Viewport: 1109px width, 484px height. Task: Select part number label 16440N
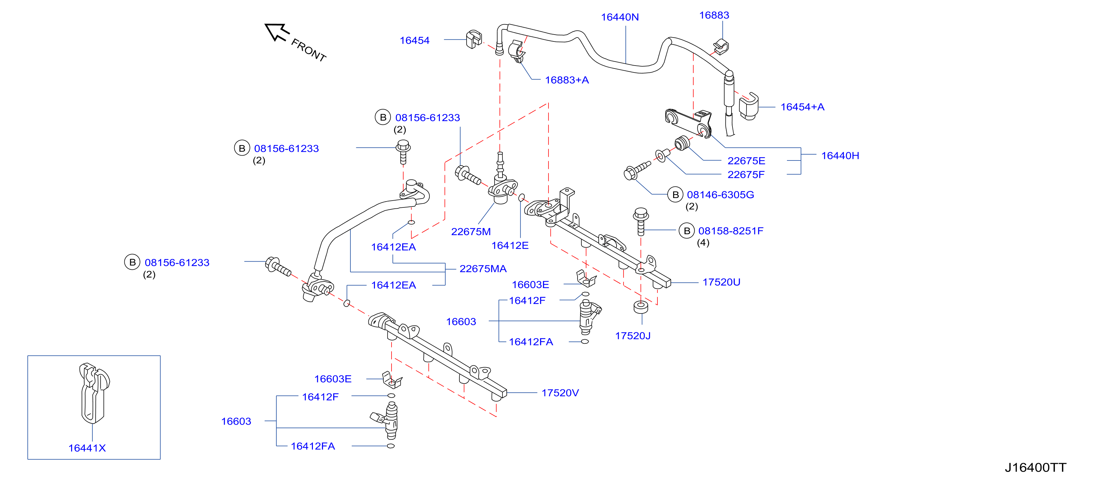click(620, 17)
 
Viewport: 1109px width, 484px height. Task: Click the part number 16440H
click(839, 156)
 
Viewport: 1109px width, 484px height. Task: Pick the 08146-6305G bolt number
click(720, 195)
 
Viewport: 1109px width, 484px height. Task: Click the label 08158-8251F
click(731, 231)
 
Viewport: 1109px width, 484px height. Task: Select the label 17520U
click(721, 282)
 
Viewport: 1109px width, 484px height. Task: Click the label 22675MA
click(483, 269)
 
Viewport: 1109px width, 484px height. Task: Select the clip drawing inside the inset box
click(94, 393)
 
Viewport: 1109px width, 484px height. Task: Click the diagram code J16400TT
click(1035, 468)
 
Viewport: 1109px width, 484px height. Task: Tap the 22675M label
click(470, 232)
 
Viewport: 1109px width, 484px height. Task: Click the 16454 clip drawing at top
click(474, 39)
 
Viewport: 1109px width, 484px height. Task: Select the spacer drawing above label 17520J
click(640, 307)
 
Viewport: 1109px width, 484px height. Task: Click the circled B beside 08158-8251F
click(687, 231)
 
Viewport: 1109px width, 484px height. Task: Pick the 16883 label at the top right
click(714, 15)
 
